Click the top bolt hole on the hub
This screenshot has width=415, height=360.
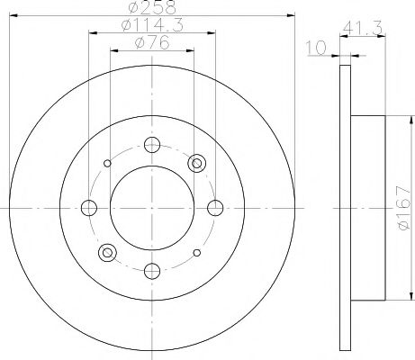[152, 144]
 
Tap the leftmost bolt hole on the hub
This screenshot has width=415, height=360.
[89, 207]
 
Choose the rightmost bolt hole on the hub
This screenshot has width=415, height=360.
[215, 207]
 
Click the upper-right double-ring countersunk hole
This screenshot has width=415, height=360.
[197, 163]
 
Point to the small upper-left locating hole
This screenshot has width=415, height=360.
[108, 163]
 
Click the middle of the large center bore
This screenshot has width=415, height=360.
[152, 207]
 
